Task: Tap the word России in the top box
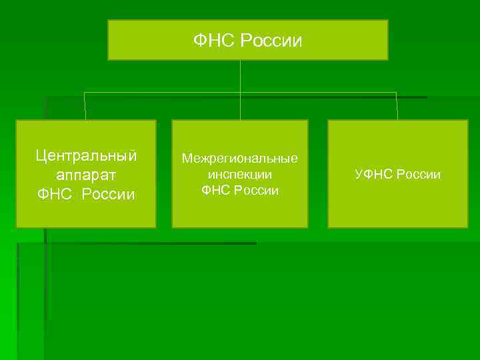(x=271, y=41)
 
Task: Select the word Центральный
(x=86, y=156)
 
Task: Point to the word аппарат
(x=86, y=175)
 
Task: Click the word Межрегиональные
(x=240, y=159)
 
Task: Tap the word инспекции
(x=240, y=175)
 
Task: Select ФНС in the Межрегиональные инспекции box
(x=216, y=191)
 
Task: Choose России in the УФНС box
(x=418, y=175)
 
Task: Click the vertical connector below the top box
(x=240, y=76)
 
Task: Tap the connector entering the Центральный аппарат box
(x=85, y=107)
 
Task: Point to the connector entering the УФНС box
(x=397, y=107)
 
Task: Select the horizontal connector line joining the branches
(x=167, y=93)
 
